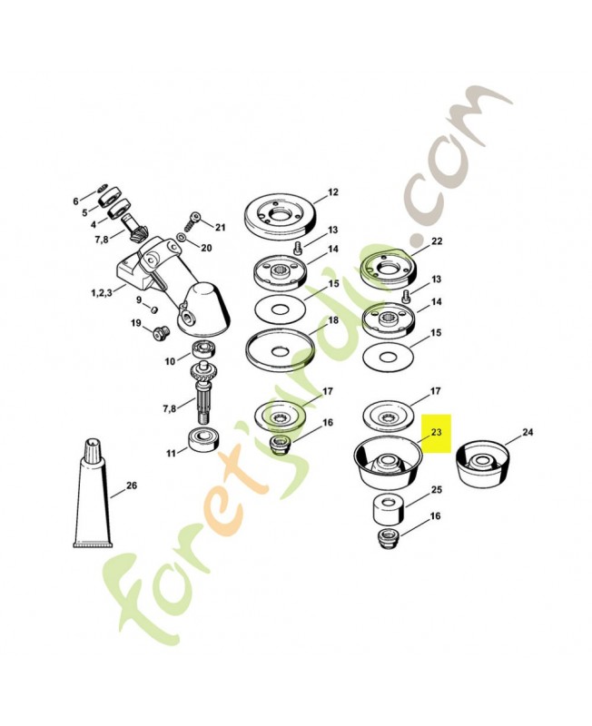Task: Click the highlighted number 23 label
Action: coord(436,433)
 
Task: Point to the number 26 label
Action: coord(132,486)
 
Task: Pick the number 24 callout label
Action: coord(528,432)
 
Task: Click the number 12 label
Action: coord(333,192)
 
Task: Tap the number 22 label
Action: coord(437,241)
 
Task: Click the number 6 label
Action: coord(75,201)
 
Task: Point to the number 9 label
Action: coord(139,299)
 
